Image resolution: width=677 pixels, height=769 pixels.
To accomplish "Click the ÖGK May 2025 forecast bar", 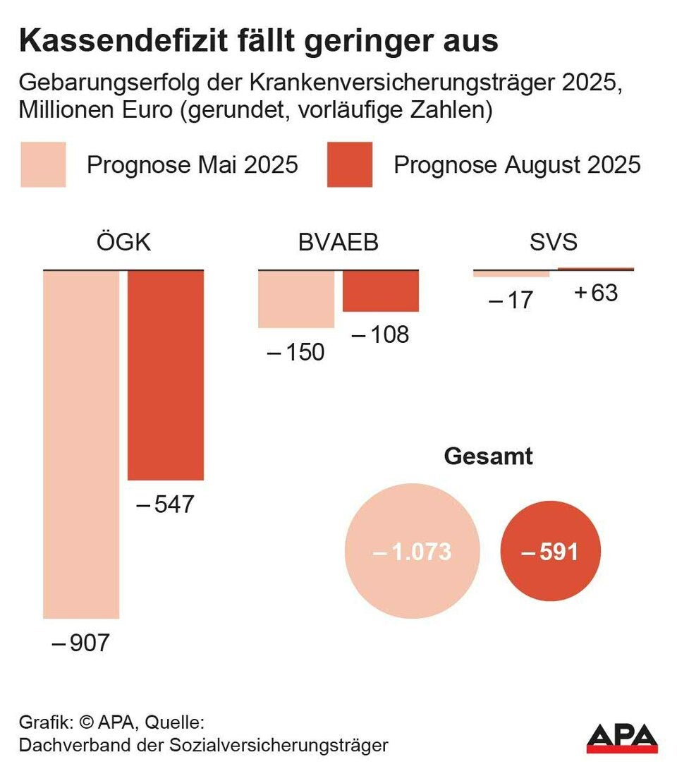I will click(x=81, y=444).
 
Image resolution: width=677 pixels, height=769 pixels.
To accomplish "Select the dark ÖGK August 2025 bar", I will click(x=166, y=375).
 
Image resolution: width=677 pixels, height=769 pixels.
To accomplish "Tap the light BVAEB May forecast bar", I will click(x=296, y=299).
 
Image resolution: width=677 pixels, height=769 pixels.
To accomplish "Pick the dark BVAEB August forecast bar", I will click(x=381, y=291).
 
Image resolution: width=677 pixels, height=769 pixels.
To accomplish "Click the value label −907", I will click(x=81, y=643).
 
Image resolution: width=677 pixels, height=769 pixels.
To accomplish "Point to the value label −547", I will click(x=164, y=504).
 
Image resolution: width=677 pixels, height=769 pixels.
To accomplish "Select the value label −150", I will click(x=296, y=351).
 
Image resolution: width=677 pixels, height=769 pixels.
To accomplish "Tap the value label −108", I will click(x=380, y=334).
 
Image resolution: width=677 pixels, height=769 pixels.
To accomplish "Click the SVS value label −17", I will click(x=511, y=300).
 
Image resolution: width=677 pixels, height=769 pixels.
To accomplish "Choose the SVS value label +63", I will click(x=596, y=292).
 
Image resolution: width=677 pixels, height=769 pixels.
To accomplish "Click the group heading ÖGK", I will click(x=123, y=243).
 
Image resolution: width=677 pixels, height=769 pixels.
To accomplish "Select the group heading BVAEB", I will click(x=338, y=243).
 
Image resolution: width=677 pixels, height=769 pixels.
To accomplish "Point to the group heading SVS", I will click(x=554, y=243).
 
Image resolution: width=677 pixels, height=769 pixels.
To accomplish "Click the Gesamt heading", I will click(x=488, y=456).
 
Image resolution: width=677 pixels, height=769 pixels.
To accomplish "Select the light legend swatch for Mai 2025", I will click(x=43, y=165).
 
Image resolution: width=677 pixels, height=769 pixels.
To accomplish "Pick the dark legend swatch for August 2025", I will click(x=350, y=165).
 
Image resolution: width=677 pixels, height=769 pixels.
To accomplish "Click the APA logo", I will click(x=622, y=737).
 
